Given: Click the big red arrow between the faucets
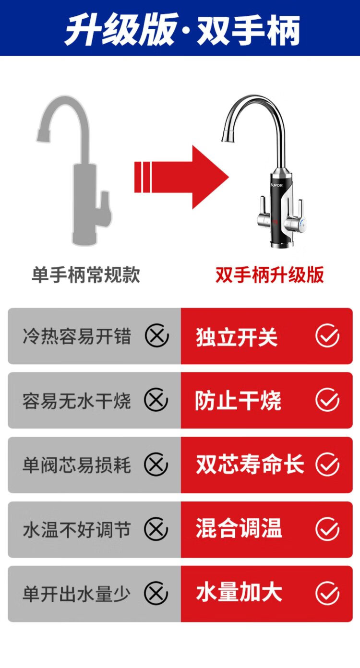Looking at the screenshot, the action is click(181, 177).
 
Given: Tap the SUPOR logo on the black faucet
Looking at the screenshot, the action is click(276, 185).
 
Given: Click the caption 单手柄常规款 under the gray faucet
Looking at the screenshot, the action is click(86, 274).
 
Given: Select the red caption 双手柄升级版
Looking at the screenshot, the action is click(270, 274).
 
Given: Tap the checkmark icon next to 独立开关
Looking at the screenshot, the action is click(327, 335).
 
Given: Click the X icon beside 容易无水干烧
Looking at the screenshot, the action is click(156, 400).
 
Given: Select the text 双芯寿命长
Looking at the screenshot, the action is click(250, 465).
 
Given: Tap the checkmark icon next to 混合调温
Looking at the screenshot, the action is click(327, 529).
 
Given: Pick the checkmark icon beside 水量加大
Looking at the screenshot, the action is click(327, 593).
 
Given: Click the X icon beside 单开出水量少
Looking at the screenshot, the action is click(156, 593).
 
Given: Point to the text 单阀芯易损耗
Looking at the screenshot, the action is click(77, 465).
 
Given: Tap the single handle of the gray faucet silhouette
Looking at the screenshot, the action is click(106, 208).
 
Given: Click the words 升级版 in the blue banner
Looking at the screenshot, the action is click(121, 30).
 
